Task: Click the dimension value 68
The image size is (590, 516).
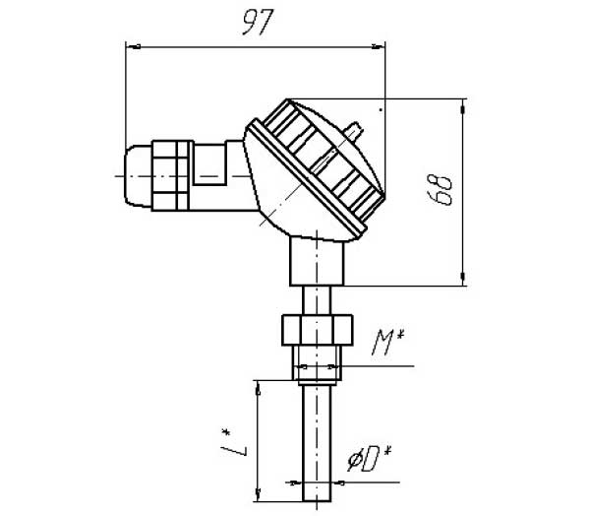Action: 443,188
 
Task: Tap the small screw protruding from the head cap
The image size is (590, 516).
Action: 353,129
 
